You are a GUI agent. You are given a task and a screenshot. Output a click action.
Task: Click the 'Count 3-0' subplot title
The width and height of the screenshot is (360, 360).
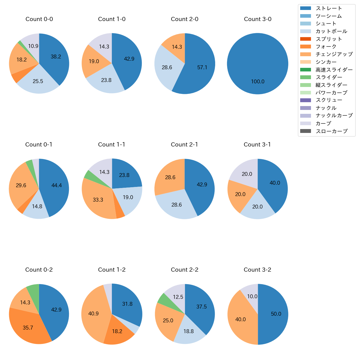[x=258, y=19]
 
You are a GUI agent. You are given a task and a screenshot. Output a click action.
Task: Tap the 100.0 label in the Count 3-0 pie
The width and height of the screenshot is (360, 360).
[x=258, y=82]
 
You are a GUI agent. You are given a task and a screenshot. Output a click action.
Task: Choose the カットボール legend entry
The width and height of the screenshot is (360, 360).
[x=331, y=31]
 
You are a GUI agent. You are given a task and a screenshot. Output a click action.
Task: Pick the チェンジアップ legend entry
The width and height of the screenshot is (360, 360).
[x=334, y=54]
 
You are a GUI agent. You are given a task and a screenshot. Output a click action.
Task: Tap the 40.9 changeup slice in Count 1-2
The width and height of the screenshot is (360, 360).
[x=94, y=313]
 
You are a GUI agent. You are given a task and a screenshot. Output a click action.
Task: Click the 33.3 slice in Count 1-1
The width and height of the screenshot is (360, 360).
[x=98, y=199]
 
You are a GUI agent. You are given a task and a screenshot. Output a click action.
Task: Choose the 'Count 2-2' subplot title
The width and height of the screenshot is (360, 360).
[x=185, y=270]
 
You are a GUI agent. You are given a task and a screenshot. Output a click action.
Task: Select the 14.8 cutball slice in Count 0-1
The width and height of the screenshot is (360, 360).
[x=37, y=208]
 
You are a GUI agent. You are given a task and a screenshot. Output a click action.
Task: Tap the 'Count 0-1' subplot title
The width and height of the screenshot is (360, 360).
[x=39, y=145]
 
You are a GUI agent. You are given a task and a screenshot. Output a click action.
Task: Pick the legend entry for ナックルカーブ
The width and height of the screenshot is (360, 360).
[x=334, y=116]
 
